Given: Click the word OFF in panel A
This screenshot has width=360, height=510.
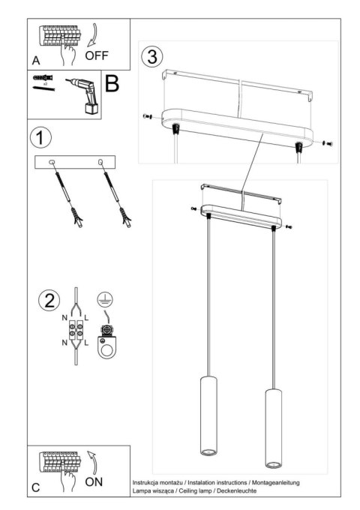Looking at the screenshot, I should (97, 55).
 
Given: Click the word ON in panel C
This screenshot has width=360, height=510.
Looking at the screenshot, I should (94, 481).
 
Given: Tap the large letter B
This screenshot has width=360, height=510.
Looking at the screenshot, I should (111, 84).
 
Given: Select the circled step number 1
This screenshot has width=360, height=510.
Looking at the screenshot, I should (42, 138).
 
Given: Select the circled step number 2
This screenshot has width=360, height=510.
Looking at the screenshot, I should (48, 301).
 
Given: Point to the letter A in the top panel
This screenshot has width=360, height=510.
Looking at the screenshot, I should (36, 59).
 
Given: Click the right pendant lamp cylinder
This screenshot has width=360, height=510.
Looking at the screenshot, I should (272, 427).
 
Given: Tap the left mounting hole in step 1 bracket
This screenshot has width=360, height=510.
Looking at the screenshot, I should (52, 163).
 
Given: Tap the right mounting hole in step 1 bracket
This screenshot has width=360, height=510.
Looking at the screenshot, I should (100, 162).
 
